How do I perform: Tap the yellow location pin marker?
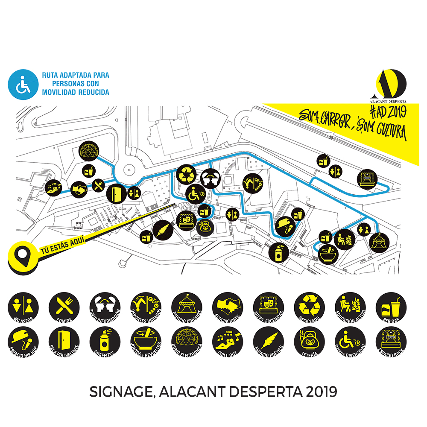21,255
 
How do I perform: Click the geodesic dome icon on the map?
90,151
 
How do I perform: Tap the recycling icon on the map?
186,175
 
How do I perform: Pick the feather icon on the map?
163,231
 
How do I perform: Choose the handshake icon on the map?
78,188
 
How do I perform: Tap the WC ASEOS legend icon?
23,307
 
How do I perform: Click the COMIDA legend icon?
64,307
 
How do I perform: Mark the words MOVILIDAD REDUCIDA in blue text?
76,92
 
